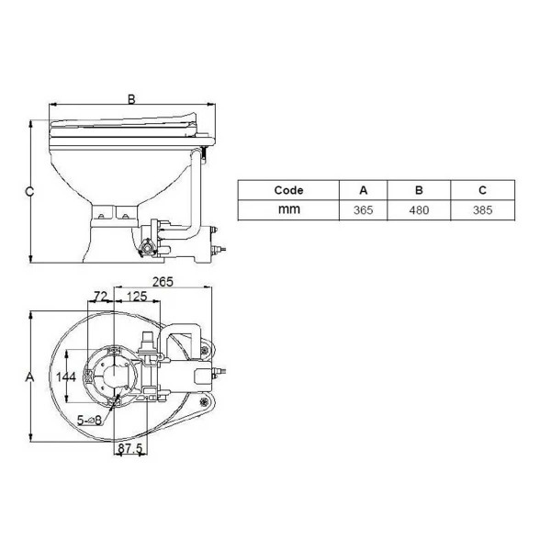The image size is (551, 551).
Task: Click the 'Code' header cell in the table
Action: [x=288, y=191]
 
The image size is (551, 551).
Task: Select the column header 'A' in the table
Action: [x=363, y=191]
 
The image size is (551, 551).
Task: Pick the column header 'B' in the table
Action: [x=419, y=191]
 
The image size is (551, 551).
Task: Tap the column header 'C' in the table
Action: [x=483, y=191]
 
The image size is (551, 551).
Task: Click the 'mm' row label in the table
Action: [x=288, y=210]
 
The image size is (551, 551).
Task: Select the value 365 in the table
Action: [x=363, y=210]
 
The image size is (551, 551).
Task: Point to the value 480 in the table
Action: [x=419, y=210]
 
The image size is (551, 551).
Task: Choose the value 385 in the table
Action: [x=483, y=210]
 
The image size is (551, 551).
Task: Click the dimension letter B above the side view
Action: [x=132, y=100]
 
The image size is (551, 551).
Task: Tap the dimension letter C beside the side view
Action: [x=28, y=192]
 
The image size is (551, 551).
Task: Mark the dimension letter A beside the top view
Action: [x=28, y=377]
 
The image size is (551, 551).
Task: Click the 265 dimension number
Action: [x=163, y=282]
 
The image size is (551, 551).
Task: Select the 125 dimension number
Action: [x=137, y=297]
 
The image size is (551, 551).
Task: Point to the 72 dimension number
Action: [x=101, y=297]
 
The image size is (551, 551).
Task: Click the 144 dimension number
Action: [x=65, y=377]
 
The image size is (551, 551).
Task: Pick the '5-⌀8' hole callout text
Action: [x=90, y=420]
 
